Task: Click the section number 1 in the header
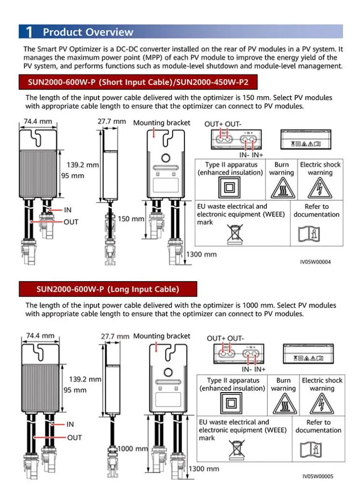29,32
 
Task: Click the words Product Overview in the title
88,32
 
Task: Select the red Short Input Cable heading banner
137,82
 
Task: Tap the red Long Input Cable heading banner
108,289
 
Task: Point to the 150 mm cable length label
131,219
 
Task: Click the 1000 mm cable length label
133,449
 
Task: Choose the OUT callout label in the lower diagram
74,438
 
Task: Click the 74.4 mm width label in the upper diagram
38,121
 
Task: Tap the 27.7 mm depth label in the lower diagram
115,336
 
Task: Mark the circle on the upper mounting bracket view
165,158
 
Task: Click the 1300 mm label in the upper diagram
202,254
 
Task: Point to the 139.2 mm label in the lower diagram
85,380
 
